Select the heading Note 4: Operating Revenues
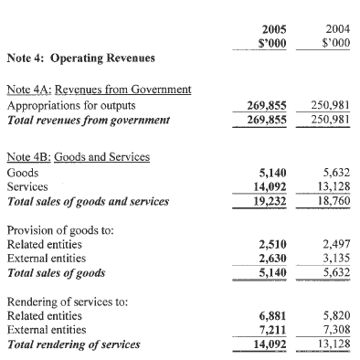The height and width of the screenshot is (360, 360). (80, 58)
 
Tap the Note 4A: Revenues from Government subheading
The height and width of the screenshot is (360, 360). (99, 90)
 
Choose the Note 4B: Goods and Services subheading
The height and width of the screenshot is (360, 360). (79, 156)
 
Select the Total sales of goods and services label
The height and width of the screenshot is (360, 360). (88, 201)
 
